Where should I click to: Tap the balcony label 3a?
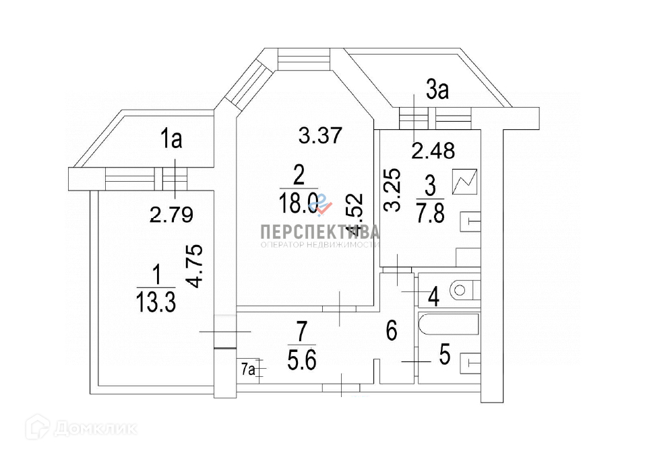[437, 90]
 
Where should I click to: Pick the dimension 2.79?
[171, 215]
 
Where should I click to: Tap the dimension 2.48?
[433, 150]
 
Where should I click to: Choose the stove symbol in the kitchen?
[466, 182]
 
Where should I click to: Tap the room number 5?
[444, 355]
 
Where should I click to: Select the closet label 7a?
[249, 368]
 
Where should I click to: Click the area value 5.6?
[301, 360]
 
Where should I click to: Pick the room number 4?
[434, 295]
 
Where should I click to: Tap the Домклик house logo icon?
[38, 426]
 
